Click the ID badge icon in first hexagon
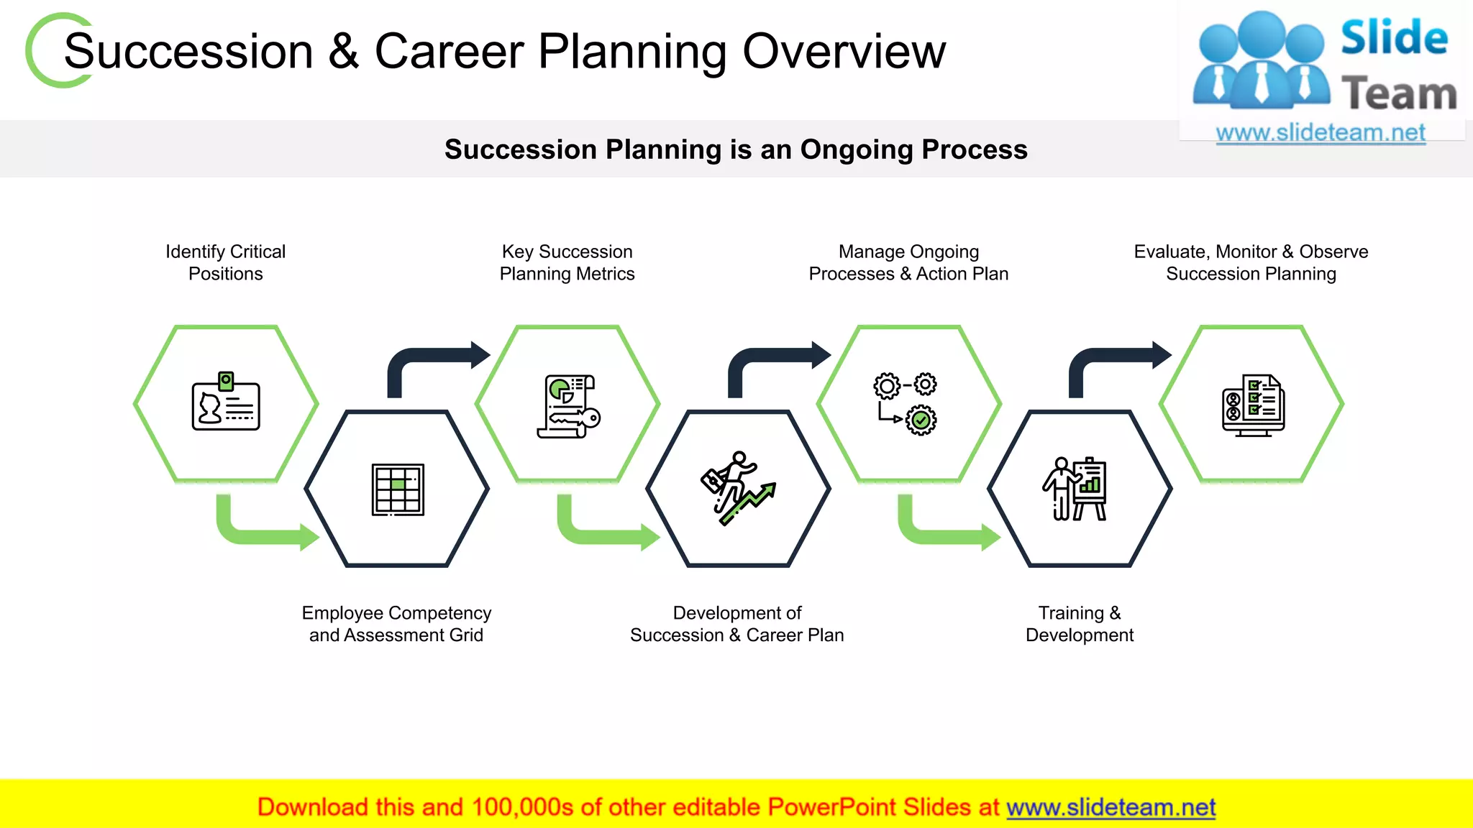pos(226,402)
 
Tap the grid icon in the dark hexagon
pos(398,489)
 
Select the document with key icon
pos(568,406)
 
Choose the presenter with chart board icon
pos(1075,489)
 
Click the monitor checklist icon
pos(1252,405)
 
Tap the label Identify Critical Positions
pos(225,262)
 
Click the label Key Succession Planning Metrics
pos(567,262)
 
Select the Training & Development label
pos(1079,624)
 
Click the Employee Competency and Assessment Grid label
pos(396,624)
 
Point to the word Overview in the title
pos(844,52)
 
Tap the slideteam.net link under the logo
pos(1320,133)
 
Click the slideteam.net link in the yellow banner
pos(1111,807)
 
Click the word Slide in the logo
pos(1394,37)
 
